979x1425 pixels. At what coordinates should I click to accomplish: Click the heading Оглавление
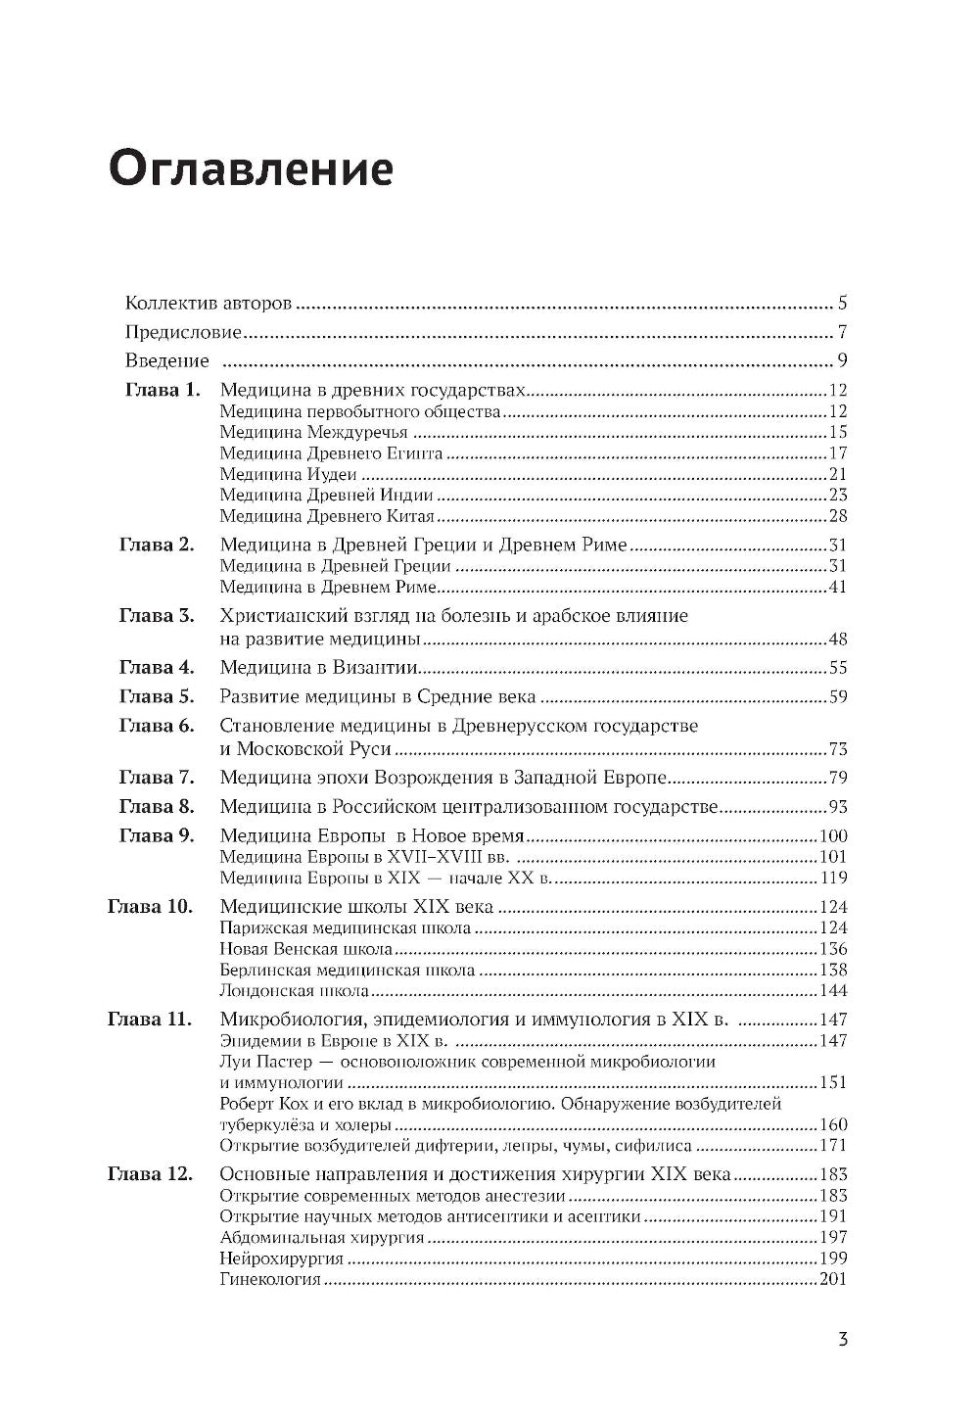[x=251, y=169]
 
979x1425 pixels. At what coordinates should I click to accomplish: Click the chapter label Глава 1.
[x=163, y=390]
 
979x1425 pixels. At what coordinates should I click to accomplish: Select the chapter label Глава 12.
[x=150, y=1174]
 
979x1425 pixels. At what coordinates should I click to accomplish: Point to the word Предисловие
[x=183, y=332]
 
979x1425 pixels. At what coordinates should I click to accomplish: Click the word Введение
[x=166, y=360]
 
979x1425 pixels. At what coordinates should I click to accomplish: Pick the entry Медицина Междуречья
[x=313, y=432]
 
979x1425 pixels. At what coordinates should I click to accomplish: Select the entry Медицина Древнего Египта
[x=331, y=453]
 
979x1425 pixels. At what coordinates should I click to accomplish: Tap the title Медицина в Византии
[x=319, y=668]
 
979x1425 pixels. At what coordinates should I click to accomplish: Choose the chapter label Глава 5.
[x=157, y=697]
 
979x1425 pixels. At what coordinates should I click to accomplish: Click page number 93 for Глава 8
[x=836, y=807]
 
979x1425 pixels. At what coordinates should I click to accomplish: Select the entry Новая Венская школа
[x=305, y=949]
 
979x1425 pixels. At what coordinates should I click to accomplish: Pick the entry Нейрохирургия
[x=281, y=1259]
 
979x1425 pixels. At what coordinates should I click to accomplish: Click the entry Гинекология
[x=270, y=1280]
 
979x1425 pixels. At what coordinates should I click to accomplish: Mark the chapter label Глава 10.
[x=150, y=906]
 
